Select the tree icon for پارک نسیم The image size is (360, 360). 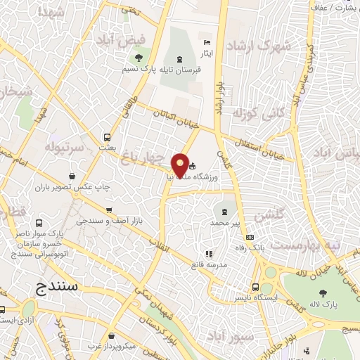tap(139, 58)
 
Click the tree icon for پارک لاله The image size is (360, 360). tap(323, 293)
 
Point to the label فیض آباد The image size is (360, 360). tap(139, 41)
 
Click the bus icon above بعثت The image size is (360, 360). tap(107, 138)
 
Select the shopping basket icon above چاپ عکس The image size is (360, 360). tap(75, 177)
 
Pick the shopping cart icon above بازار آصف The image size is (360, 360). tap(108, 210)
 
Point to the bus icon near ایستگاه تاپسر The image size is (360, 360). tap(255, 287)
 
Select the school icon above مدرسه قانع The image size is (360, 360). tap(208, 254)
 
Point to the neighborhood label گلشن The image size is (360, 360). tap(270, 215)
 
